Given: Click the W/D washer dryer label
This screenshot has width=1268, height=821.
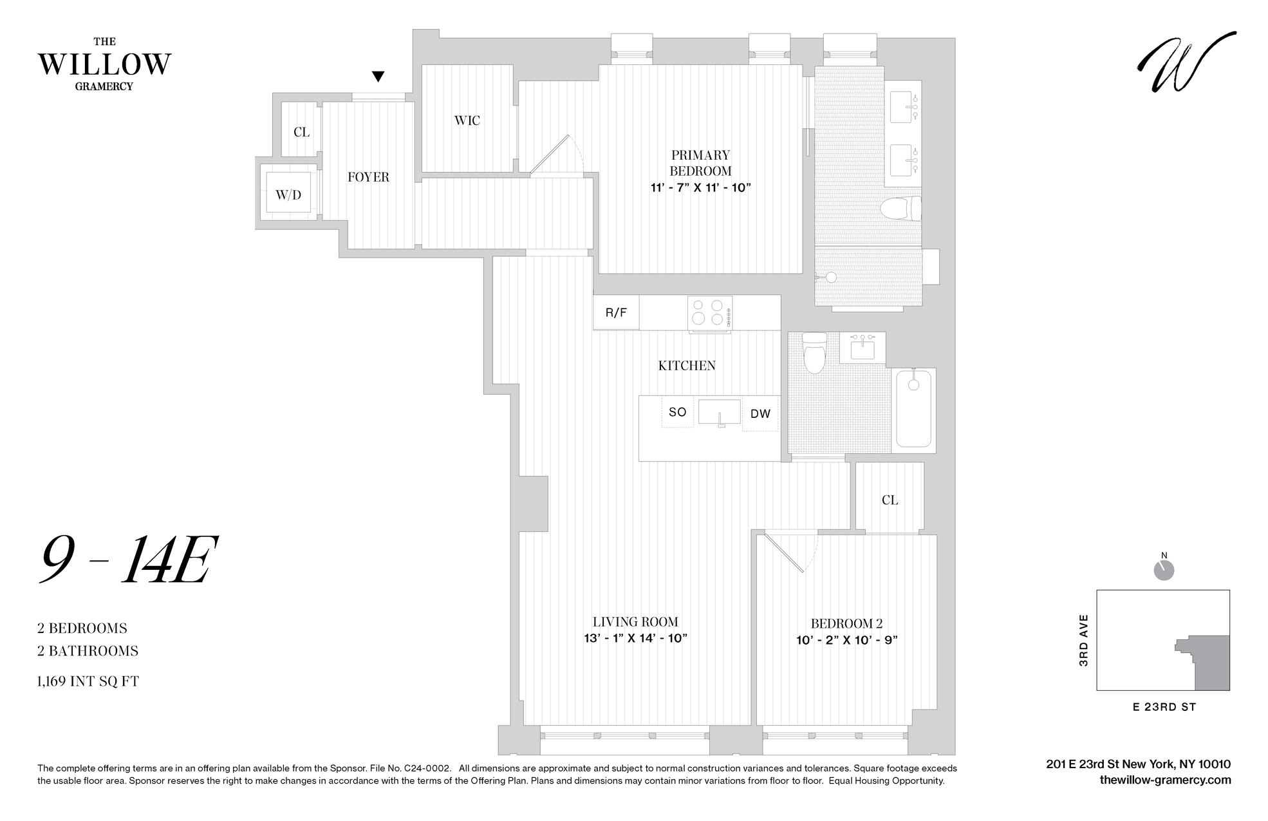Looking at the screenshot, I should (x=288, y=194).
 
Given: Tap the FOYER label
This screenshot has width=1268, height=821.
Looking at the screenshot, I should (x=368, y=177).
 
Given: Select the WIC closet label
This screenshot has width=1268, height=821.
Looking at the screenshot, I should (x=467, y=120).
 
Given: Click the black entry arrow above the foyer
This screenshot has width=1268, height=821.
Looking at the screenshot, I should (x=378, y=77).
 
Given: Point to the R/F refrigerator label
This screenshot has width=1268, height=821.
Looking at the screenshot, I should (x=616, y=313).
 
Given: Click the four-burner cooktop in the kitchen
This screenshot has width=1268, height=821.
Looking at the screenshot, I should (x=709, y=312).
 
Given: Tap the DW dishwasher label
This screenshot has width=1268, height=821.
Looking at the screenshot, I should (x=760, y=414).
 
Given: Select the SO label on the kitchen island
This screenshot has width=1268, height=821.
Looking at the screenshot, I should (x=677, y=412).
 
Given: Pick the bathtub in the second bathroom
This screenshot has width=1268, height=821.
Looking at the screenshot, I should (x=913, y=408).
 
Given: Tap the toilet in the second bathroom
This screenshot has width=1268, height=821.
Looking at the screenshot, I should (x=814, y=353).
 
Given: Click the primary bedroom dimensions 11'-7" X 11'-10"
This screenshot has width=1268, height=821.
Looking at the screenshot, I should (x=700, y=188).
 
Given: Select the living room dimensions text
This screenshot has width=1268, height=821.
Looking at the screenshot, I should (x=635, y=639).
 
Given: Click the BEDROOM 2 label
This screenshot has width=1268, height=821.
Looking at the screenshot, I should (x=846, y=623).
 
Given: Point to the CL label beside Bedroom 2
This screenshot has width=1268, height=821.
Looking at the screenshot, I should (x=890, y=500).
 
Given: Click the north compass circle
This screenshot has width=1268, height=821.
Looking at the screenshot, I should (x=1164, y=571).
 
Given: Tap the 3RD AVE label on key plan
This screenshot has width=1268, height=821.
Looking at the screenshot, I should (x=1083, y=640).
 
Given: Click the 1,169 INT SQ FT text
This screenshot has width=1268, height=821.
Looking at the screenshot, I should (x=88, y=681).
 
